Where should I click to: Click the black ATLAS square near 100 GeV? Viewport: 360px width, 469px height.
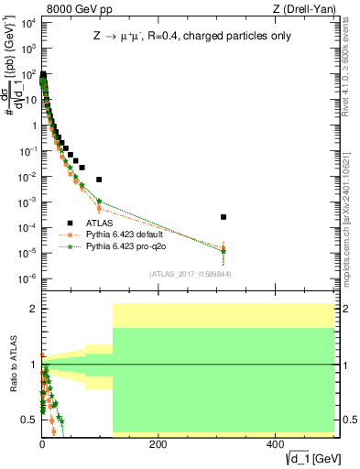(x=99, y=180)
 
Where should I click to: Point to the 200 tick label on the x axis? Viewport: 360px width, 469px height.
(x=158, y=445)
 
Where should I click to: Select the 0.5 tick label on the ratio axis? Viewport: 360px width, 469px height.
(x=29, y=420)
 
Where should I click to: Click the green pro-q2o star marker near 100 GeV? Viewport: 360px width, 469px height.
(x=99, y=202)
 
